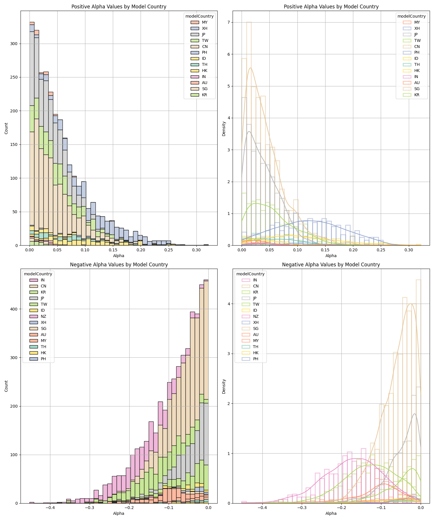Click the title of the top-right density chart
click(331, 7)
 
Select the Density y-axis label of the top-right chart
click(224, 129)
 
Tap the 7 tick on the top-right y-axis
click(228, 22)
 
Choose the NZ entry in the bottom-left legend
click(44, 316)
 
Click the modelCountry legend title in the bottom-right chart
click(250, 274)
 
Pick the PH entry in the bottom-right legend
click(255, 359)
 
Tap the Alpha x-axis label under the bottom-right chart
click(331, 513)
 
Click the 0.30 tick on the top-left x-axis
click(196, 250)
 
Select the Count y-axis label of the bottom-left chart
click(6, 386)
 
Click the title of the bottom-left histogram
click(119, 265)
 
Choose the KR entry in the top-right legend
click(417, 95)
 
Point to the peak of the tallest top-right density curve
click(250, 68)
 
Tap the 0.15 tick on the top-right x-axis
click(325, 250)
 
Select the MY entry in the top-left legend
click(205, 22)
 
